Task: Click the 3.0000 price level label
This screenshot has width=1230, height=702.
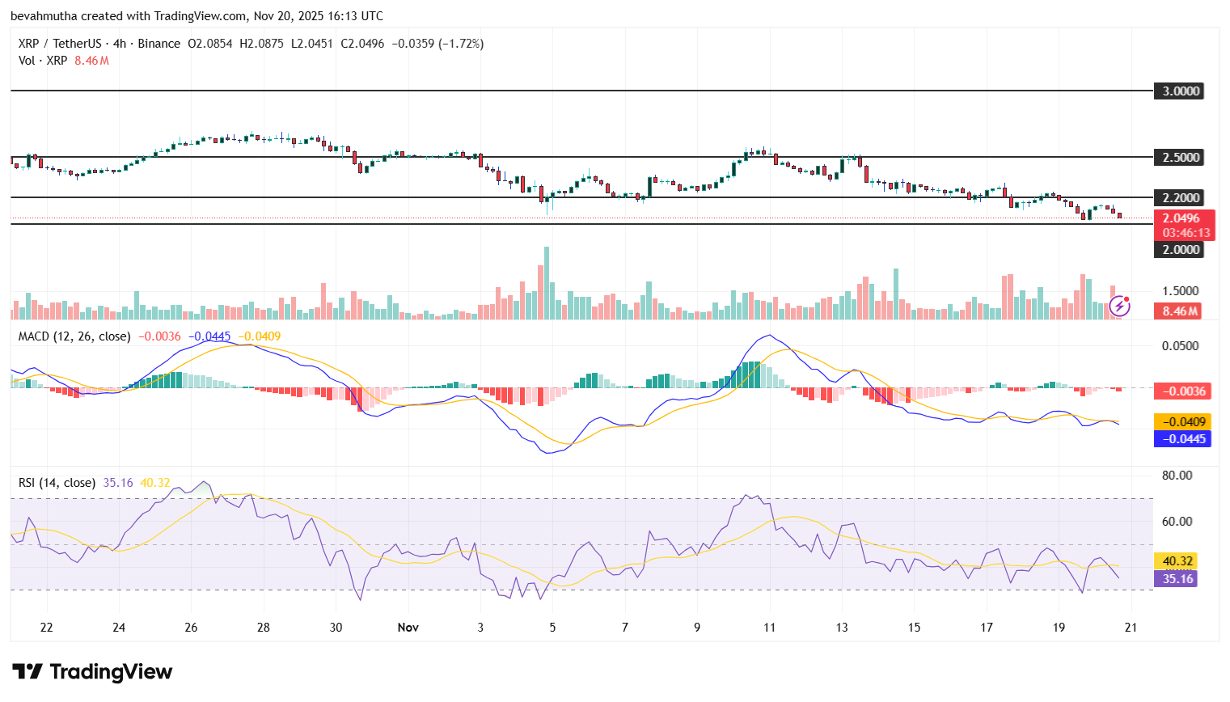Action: point(1180,91)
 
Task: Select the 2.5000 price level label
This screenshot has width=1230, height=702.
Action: point(1180,158)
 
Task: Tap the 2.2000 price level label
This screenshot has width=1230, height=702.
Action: point(1180,198)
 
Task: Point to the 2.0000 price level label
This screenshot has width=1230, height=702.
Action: point(1180,250)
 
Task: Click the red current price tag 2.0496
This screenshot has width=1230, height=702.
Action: point(1182,218)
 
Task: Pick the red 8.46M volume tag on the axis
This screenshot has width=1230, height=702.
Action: point(1180,311)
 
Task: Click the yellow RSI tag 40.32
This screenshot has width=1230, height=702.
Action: point(1177,561)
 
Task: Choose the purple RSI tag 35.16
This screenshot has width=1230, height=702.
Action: point(1177,579)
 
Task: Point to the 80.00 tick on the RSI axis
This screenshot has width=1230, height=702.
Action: point(1177,476)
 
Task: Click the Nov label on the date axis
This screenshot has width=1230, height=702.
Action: point(408,628)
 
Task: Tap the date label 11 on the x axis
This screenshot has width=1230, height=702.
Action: point(769,628)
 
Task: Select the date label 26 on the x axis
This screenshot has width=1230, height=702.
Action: point(191,628)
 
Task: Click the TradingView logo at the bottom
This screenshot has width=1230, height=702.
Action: point(92,672)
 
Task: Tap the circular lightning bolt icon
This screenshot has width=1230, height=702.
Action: point(1119,306)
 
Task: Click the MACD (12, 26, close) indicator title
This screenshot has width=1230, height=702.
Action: point(74,336)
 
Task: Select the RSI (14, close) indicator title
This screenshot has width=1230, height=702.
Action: point(57,483)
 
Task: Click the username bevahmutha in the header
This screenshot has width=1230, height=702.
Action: point(44,16)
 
